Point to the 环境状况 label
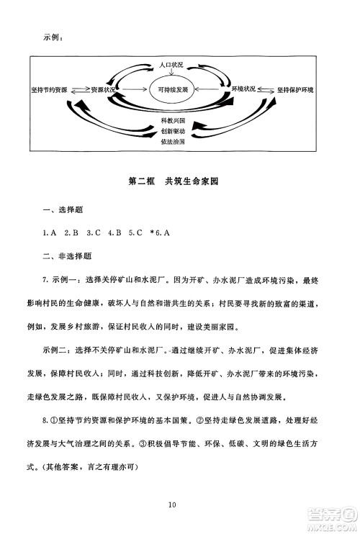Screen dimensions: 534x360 243,90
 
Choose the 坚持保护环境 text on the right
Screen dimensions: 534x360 301,90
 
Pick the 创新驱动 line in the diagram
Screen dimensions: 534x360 174,132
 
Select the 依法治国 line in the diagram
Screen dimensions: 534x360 174,142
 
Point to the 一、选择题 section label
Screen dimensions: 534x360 63,209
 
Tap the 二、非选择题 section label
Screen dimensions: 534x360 68,255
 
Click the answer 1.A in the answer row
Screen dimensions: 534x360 50,232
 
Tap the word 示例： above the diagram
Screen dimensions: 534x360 54,37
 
